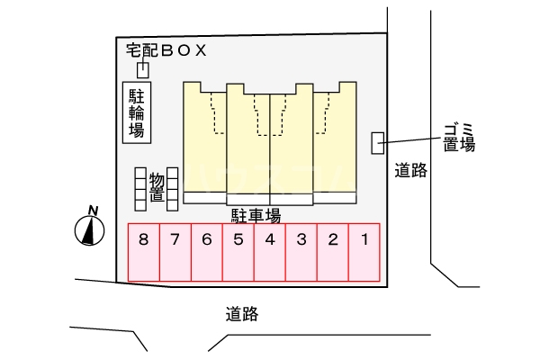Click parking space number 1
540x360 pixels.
coord(364,251)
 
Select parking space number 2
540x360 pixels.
coord(333,251)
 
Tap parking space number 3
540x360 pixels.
coord(301,251)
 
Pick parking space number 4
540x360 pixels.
coord(270,251)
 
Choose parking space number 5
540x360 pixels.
coord(238,251)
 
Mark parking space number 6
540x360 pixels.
coord(207,251)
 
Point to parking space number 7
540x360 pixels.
coord(175,251)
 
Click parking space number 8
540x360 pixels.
coord(144,251)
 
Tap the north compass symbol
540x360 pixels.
coord(89,232)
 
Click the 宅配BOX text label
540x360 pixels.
coord(168,50)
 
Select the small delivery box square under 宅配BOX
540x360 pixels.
coord(142,70)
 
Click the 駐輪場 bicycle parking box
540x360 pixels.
coord(137,112)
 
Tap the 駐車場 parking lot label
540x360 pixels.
coord(256,215)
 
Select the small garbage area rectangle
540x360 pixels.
coord(378,142)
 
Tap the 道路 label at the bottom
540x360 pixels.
coord(242,314)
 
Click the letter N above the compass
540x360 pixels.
coord(92,211)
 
